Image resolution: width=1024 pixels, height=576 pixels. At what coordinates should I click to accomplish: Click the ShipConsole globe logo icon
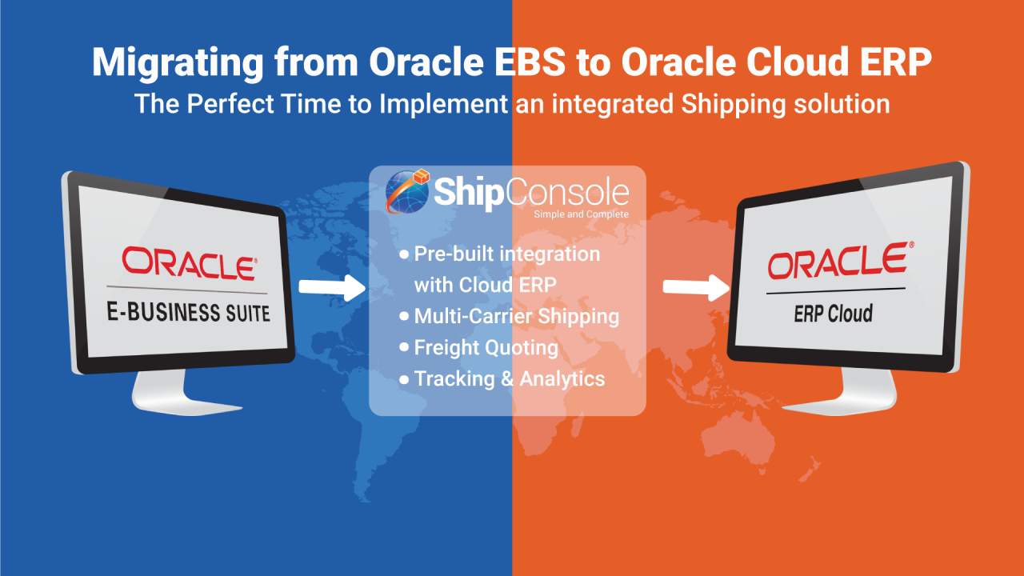(x=407, y=192)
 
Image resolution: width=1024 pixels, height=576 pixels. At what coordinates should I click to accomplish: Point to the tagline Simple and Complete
(x=581, y=214)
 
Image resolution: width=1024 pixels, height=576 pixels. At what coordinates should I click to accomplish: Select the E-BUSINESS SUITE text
(x=189, y=310)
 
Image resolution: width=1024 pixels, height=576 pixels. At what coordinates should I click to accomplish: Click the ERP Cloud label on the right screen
(x=833, y=313)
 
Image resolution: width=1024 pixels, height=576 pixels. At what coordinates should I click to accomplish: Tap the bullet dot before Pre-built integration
(x=404, y=254)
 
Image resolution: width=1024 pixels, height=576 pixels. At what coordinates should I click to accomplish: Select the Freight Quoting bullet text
(x=486, y=347)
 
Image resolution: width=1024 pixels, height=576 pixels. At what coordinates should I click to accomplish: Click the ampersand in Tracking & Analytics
(x=507, y=378)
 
